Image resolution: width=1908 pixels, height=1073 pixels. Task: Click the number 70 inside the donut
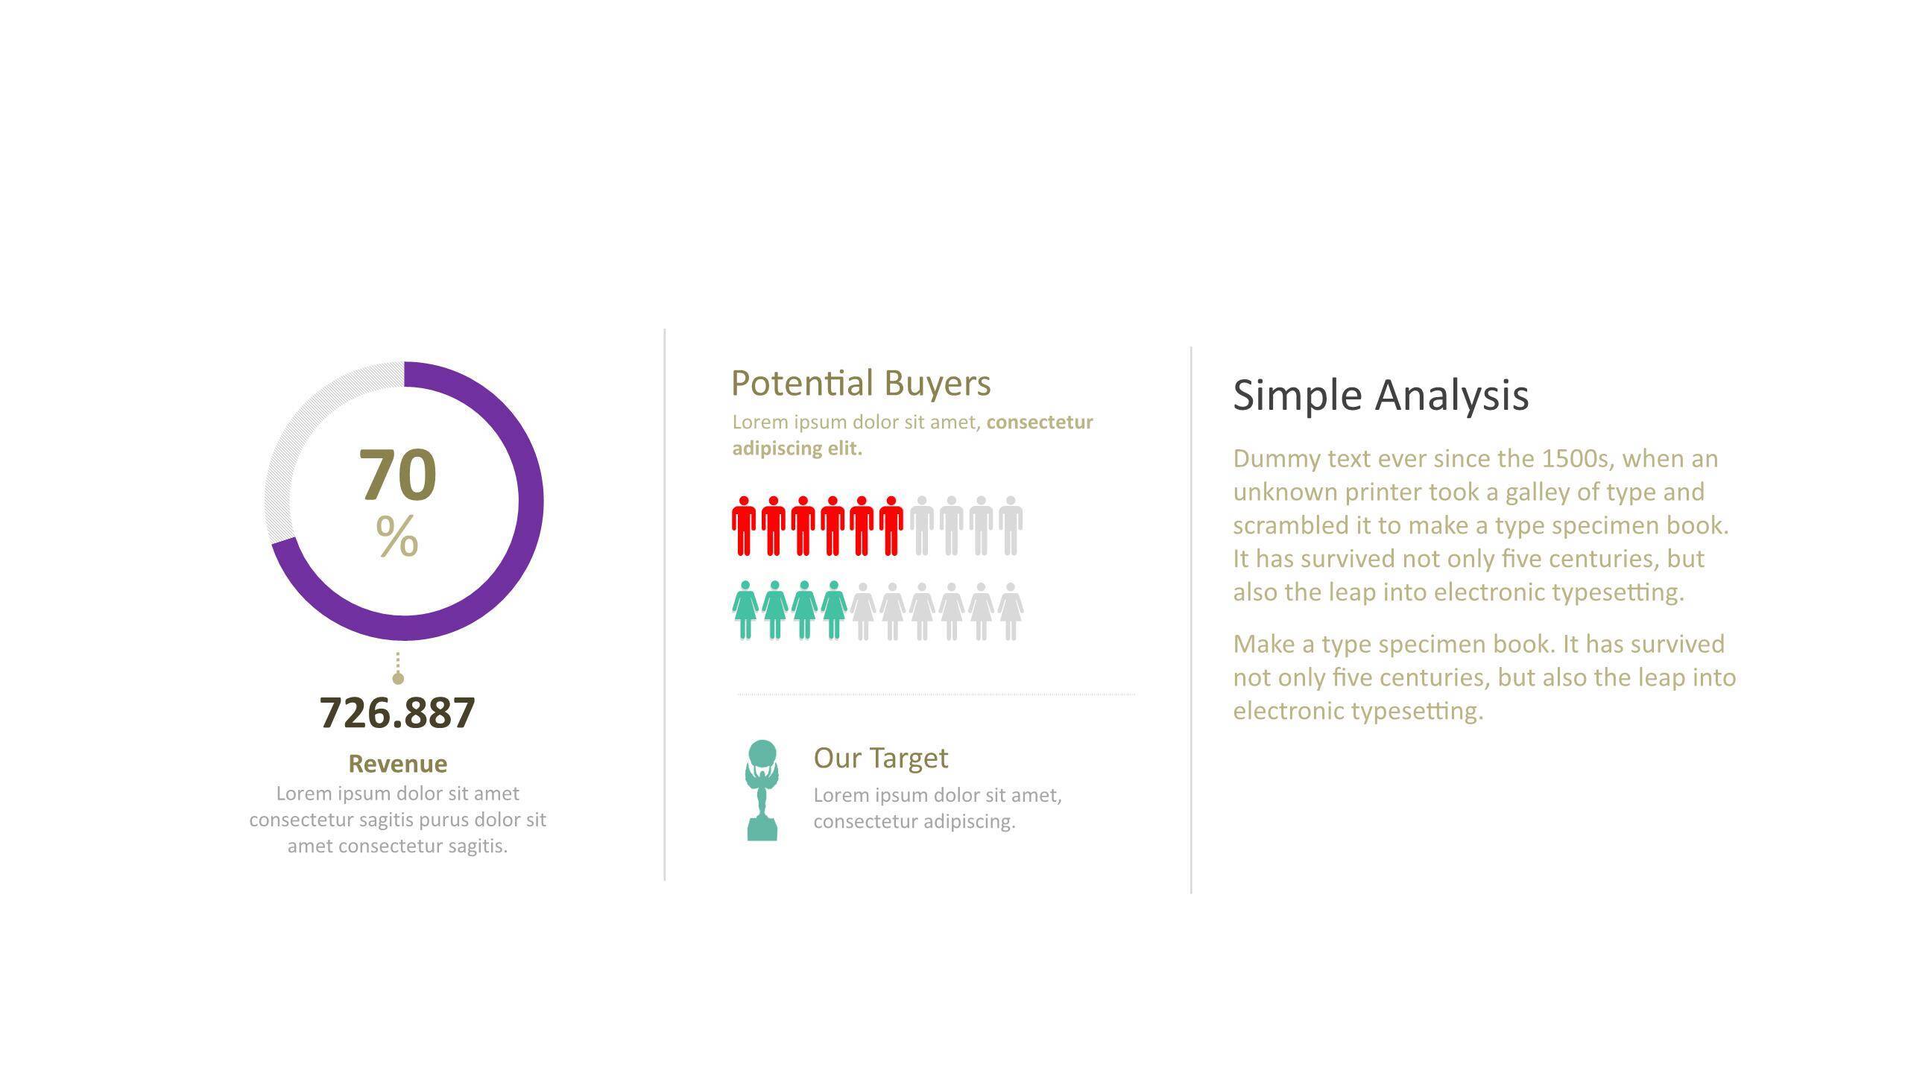point(397,475)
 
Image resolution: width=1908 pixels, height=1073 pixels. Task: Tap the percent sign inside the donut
point(397,535)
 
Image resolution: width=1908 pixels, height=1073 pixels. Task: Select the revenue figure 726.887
point(397,712)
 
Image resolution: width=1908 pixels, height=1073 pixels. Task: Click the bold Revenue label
point(398,764)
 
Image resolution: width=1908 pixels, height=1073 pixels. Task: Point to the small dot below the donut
point(398,678)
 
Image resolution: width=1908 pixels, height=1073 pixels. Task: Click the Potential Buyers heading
point(861,384)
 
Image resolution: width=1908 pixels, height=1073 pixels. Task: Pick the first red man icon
point(744,525)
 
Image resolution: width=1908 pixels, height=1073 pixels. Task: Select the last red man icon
point(891,525)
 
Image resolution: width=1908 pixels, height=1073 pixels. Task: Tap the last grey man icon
point(1011,525)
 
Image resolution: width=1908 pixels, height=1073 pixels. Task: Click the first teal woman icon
point(745,610)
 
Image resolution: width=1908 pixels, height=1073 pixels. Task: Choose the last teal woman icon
point(834,610)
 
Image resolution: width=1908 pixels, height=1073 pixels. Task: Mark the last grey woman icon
point(1011,611)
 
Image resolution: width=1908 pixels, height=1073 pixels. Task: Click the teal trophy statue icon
point(762,791)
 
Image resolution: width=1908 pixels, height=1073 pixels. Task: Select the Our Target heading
point(881,758)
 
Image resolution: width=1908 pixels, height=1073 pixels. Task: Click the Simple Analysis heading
point(1381,395)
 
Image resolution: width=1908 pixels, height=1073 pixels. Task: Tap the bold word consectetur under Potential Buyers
point(1040,422)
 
